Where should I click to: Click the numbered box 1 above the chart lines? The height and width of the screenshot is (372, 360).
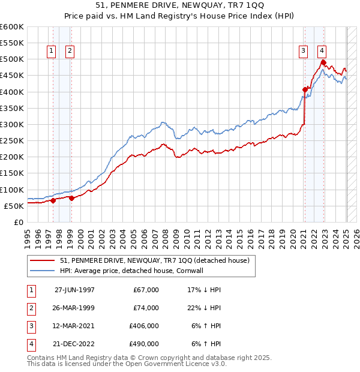tap(52, 51)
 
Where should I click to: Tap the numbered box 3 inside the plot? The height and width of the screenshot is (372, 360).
tap(304, 51)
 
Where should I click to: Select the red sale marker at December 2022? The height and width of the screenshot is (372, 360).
tap(323, 62)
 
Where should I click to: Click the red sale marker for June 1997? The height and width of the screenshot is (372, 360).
tap(53, 200)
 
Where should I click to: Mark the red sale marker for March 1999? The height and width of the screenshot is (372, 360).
tap(71, 198)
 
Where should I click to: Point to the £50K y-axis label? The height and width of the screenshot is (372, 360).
tap(14, 206)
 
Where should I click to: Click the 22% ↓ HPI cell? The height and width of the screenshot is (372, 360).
tap(205, 308)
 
